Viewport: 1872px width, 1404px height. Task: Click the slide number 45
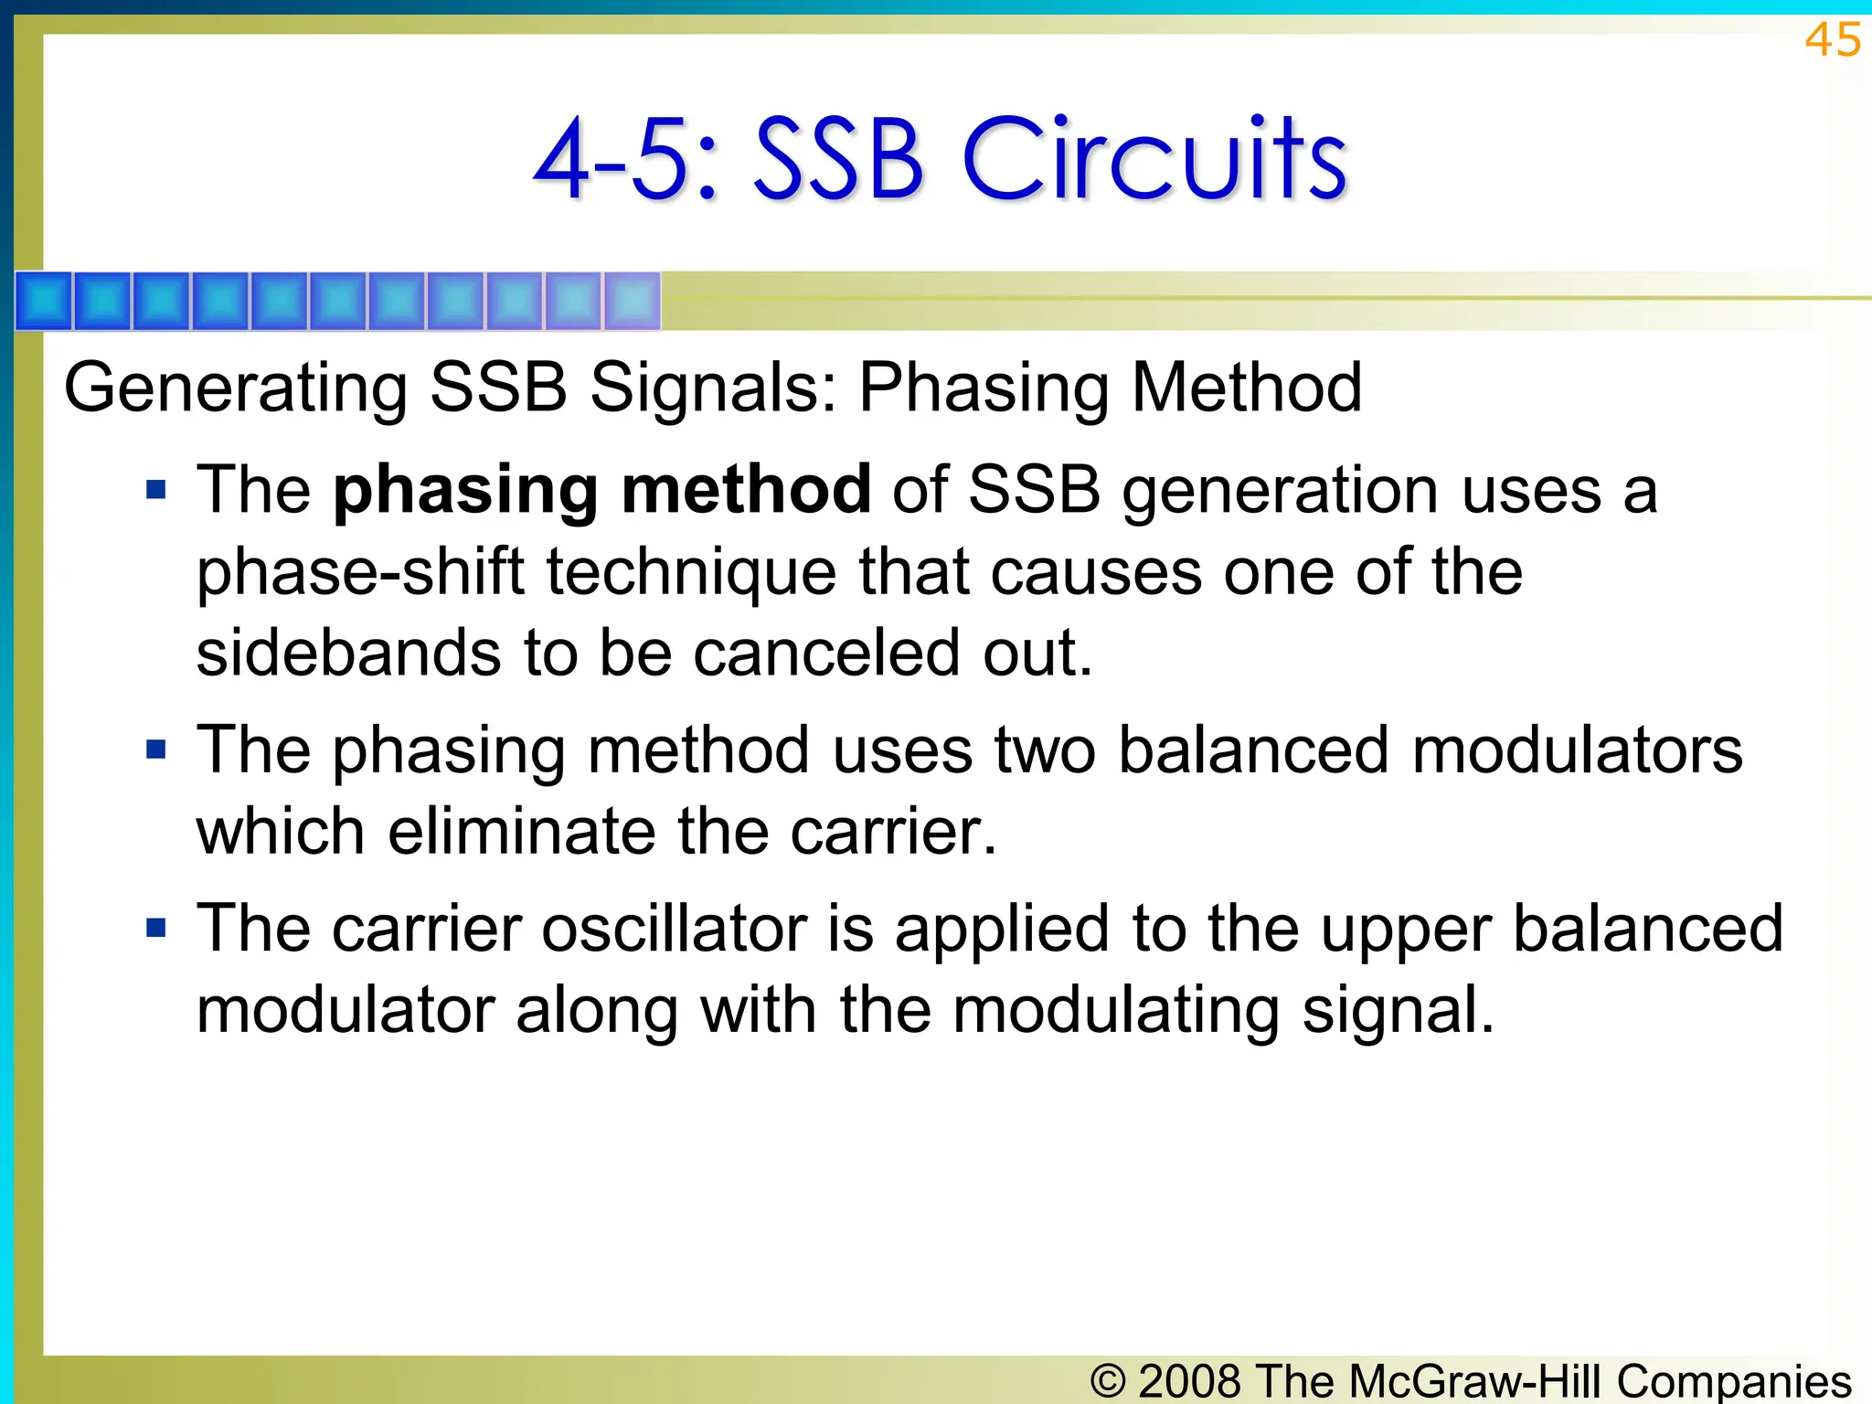pyautogui.click(x=1832, y=40)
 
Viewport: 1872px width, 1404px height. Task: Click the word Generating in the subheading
pyautogui.click(x=235, y=388)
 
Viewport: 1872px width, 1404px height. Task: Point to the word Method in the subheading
pyautogui.click(x=1247, y=387)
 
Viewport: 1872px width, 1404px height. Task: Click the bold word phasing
pyautogui.click(x=464, y=491)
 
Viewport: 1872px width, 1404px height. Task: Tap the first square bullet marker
pyautogui.click(x=156, y=490)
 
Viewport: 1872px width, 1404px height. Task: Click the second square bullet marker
pyautogui.click(x=156, y=750)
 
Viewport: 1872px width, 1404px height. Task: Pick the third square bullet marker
pyautogui.click(x=156, y=929)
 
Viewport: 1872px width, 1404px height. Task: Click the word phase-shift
pyautogui.click(x=360, y=573)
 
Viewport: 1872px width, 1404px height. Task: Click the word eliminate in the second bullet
pyautogui.click(x=521, y=832)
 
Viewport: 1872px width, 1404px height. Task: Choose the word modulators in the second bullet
pyautogui.click(x=1577, y=750)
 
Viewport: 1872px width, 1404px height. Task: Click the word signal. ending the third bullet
pyautogui.click(x=1398, y=1011)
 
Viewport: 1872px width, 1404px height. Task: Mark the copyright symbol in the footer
pyautogui.click(x=1108, y=1380)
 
